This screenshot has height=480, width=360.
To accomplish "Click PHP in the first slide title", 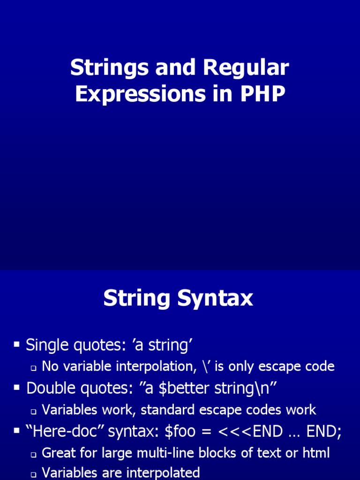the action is point(262,94).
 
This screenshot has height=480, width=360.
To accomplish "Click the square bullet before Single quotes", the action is point(16,345).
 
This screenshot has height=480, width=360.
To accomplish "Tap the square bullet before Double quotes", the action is point(16,388).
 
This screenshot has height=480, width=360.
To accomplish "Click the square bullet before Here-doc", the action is point(16,431).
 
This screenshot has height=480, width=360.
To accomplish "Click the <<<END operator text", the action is point(250,432).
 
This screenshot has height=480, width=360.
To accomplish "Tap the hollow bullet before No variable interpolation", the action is point(34,368).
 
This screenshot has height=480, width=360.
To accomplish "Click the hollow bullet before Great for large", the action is point(34,455).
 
